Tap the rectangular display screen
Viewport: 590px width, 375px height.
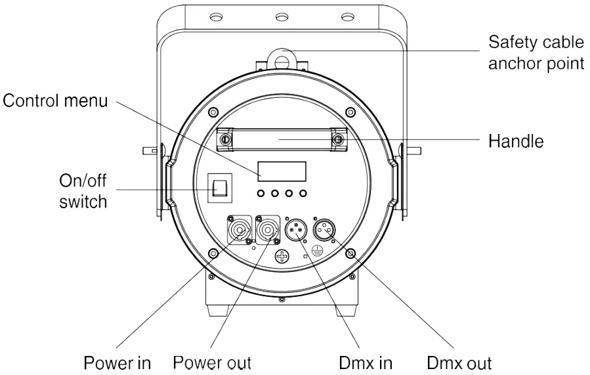pyautogui.click(x=282, y=171)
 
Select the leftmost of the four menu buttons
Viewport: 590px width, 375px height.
pyautogui.click(x=262, y=194)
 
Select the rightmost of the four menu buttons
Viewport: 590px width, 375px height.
pyautogui.click(x=303, y=194)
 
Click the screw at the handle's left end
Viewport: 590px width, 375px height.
pyautogui.click(x=225, y=140)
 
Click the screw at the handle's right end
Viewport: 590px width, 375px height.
pyautogui.click(x=339, y=140)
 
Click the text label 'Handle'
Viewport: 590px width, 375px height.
pyautogui.click(x=516, y=141)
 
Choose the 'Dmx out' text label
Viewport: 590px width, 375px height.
pyautogui.click(x=459, y=363)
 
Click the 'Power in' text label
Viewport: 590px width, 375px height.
pyautogui.click(x=117, y=363)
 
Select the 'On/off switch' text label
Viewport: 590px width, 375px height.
pyautogui.click(x=83, y=191)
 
